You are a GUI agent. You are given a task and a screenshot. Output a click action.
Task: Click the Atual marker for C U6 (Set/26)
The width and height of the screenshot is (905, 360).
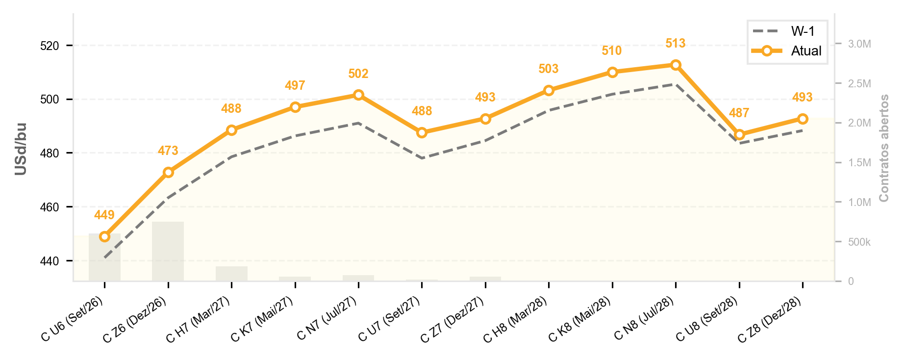(104, 237)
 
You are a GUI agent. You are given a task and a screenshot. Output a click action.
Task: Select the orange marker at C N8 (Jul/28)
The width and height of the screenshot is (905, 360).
(676, 65)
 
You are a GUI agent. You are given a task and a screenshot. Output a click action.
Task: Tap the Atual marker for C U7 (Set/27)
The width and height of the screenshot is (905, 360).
(422, 133)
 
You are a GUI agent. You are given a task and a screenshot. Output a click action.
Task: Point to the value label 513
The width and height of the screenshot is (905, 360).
(676, 44)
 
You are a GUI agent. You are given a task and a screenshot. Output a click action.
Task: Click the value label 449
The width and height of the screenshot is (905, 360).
(104, 215)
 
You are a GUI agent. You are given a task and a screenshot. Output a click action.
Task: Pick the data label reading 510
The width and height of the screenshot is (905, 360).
(612, 51)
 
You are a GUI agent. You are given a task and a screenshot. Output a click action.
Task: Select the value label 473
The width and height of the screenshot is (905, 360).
(168, 151)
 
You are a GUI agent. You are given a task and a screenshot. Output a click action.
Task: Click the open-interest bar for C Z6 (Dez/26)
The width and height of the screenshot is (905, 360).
(168, 251)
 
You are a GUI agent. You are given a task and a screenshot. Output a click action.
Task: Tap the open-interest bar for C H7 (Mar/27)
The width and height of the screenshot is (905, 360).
(231, 274)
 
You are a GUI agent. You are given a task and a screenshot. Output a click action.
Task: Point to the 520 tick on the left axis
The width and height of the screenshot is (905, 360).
(49, 46)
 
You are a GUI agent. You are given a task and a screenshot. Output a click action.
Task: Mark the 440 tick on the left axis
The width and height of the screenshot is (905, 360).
(49, 261)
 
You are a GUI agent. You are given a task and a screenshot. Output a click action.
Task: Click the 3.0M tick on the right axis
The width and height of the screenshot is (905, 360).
(859, 44)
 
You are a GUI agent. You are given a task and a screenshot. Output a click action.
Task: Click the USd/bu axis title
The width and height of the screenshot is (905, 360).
(21, 149)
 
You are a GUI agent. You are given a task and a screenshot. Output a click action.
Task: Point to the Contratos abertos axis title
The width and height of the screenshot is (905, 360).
(884, 148)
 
